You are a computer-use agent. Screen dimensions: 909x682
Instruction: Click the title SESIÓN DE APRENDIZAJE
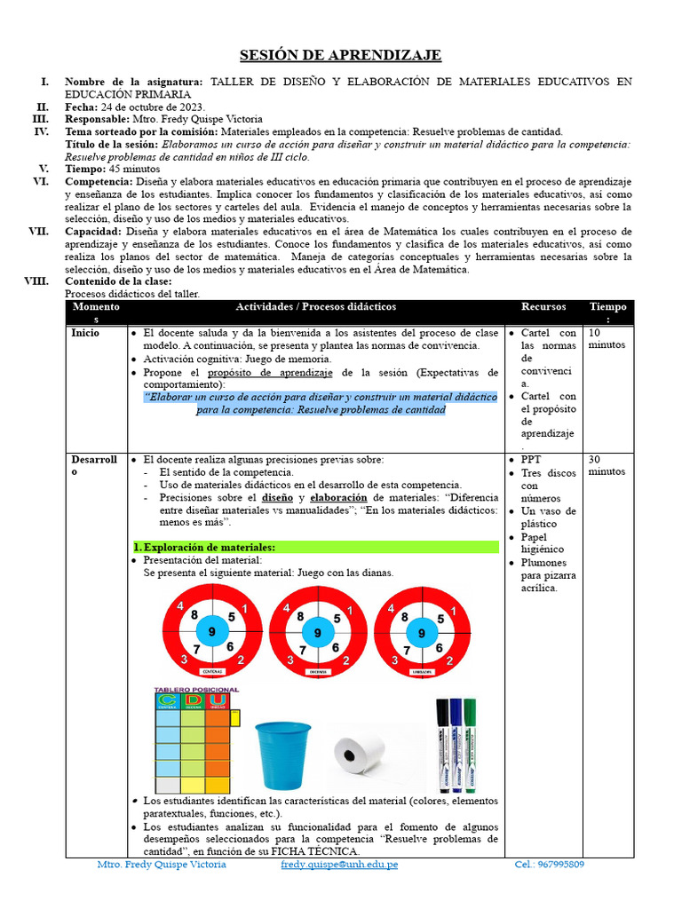point(341,55)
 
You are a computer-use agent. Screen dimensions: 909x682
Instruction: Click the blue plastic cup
point(283,755)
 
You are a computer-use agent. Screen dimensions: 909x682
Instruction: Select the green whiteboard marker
point(470,744)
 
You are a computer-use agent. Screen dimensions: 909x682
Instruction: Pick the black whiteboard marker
point(442,744)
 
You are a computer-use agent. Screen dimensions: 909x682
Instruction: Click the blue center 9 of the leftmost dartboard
point(211,632)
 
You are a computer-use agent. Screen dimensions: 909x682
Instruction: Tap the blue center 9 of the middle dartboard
point(317,632)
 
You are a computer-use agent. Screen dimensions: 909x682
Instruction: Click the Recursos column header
point(543,307)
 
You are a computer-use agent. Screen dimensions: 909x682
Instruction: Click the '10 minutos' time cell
point(607,338)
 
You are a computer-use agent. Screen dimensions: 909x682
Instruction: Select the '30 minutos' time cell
point(607,465)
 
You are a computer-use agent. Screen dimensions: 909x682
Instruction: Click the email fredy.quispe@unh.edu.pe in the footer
point(339,864)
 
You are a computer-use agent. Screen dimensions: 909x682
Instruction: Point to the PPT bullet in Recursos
point(531,460)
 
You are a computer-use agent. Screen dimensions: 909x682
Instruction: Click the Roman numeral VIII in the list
point(36,281)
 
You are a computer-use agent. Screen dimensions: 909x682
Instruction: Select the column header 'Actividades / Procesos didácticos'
point(316,307)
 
